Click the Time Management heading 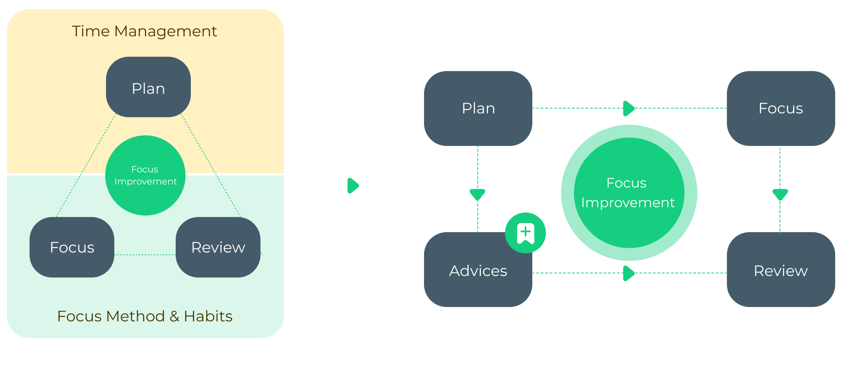tap(144, 31)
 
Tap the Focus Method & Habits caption tap(145, 316)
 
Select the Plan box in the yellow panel tap(148, 87)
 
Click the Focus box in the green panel tap(72, 248)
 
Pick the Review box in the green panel tap(218, 248)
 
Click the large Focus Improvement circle tap(629, 193)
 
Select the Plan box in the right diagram tap(478, 109)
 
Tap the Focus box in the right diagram tap(781, 109)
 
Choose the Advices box tap(478, 271)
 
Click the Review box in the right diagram tap(781, 271)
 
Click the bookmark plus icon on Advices tap(525, 233)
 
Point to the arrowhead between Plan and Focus tap(628, 109)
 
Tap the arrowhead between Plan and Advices tap(477, 194)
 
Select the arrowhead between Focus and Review tap(780, 194)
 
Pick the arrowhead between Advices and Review tap(628, 273)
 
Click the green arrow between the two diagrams tap(353, 186)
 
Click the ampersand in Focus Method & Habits tap(174, 316)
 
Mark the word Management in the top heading tap(165, 31)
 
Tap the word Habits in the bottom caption tap(208, 316)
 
